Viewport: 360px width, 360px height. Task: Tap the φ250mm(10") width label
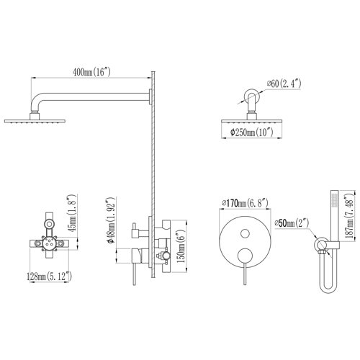(x=255, y=132)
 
